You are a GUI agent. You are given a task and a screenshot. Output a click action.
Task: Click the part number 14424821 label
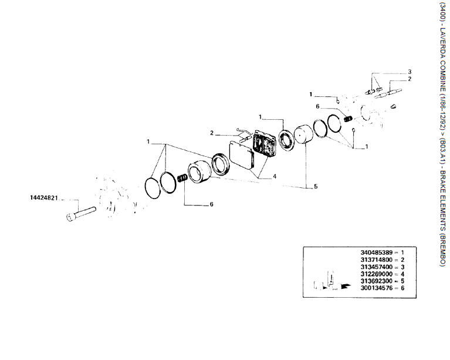pyautogui.click(x=43, y=198)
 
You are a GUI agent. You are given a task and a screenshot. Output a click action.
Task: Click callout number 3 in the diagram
pyautogui.click(x=410, y=71)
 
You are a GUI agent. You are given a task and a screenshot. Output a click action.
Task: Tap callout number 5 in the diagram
pyautogui.click(x=315, y=187)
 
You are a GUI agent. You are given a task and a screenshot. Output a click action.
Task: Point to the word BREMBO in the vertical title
pyautogui.click(x=442, y=250)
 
